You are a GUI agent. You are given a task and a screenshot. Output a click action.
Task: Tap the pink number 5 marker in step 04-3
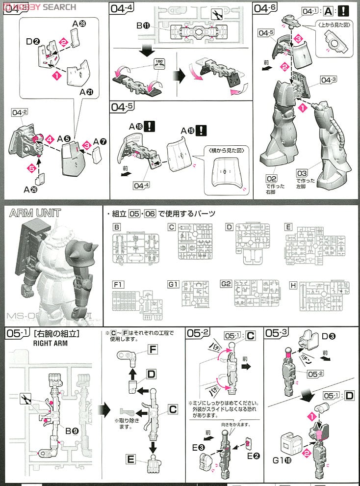pos(32,168)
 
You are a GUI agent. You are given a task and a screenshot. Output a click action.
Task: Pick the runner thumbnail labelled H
pos(325,298)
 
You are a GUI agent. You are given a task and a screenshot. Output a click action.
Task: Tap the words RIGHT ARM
pos(50,343)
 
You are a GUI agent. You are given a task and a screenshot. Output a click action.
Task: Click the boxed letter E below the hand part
pos(130,459)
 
